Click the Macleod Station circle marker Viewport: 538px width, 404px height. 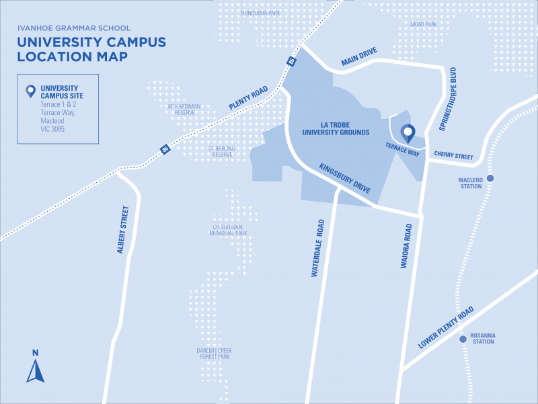coord(490,178)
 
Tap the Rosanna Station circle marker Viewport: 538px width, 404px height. coord(463,339)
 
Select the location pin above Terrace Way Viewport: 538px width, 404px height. coord(407,133)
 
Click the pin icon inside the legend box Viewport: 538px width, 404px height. coord(30,91)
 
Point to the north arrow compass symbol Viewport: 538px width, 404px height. coord(35,367)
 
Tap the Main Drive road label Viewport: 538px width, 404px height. coord(359,58)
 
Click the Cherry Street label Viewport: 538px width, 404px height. coord(453,155)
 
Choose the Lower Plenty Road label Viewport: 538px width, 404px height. coord(446,327)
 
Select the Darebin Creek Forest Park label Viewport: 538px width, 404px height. coord(214,354)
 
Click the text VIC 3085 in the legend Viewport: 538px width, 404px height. coord(54,128)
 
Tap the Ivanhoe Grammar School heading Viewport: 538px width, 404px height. coord(74,28)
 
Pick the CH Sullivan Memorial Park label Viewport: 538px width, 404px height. coord(229,230)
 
